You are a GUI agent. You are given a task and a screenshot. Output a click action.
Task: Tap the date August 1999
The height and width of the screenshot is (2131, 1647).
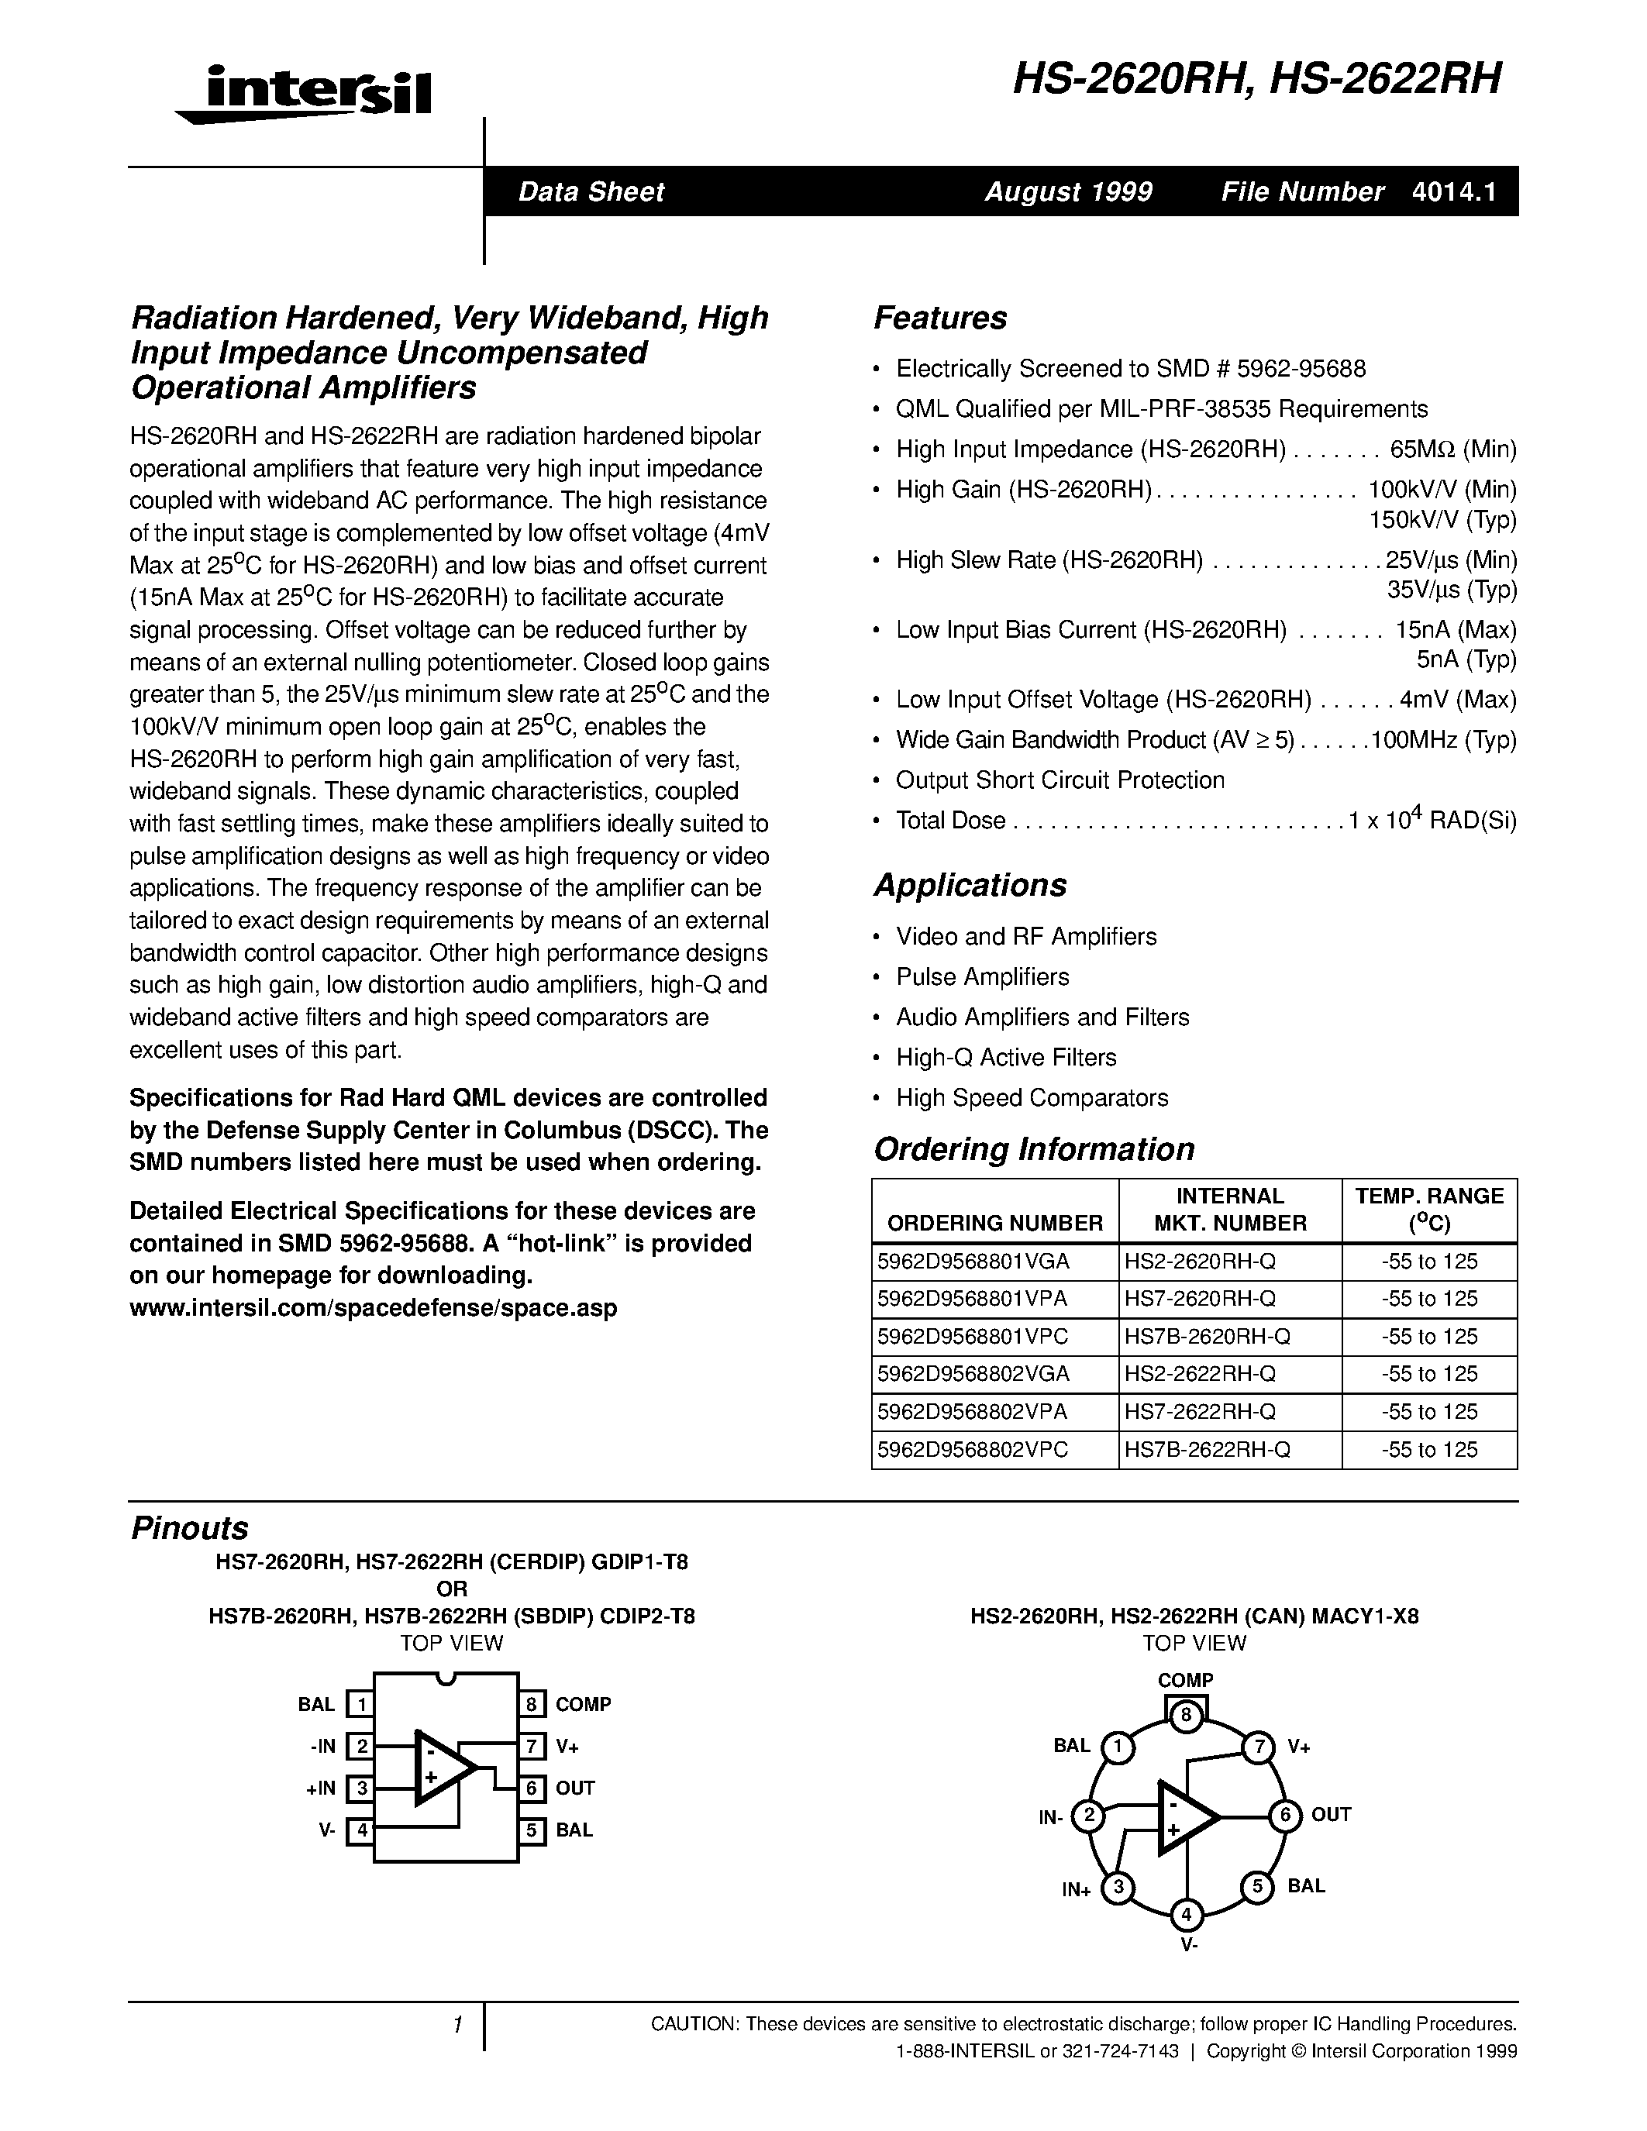(1068, 191)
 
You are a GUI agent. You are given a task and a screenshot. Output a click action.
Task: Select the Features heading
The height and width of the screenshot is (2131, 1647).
(939, 318)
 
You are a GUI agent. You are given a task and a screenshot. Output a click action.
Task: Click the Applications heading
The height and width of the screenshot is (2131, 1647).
(970, 885)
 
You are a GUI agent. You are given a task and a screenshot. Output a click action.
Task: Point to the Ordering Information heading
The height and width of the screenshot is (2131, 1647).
(1033, 1148)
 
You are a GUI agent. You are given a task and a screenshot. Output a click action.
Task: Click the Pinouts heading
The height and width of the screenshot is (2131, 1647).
(189, 1527)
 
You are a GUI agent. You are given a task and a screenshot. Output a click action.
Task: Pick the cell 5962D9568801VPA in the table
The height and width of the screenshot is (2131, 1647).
(972, 1299)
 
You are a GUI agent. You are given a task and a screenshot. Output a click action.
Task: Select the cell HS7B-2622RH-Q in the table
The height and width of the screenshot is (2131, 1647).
(1207, 1449)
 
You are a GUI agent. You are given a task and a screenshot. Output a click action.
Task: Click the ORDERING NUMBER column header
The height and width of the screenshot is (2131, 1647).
(994, 1223)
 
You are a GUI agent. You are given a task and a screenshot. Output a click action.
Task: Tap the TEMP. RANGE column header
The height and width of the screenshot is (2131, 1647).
(1429, 1209)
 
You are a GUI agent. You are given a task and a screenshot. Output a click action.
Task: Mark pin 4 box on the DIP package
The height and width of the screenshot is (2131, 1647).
(361, 1830)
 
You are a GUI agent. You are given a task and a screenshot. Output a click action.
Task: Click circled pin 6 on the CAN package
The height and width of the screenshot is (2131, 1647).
(1285, 1815)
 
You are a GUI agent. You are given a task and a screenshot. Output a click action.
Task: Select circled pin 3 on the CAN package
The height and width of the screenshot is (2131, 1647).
(1118, 1888)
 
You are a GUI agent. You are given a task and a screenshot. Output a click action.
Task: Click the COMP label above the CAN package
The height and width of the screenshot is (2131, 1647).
(1186, 1680)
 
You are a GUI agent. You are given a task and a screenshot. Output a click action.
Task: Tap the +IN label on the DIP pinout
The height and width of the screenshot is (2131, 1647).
(320, 1788)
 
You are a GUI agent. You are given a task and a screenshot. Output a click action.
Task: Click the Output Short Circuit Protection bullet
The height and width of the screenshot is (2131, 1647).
(1060, 780)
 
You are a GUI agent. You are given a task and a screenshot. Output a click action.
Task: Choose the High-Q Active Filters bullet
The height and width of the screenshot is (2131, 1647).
(1006, 1057)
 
